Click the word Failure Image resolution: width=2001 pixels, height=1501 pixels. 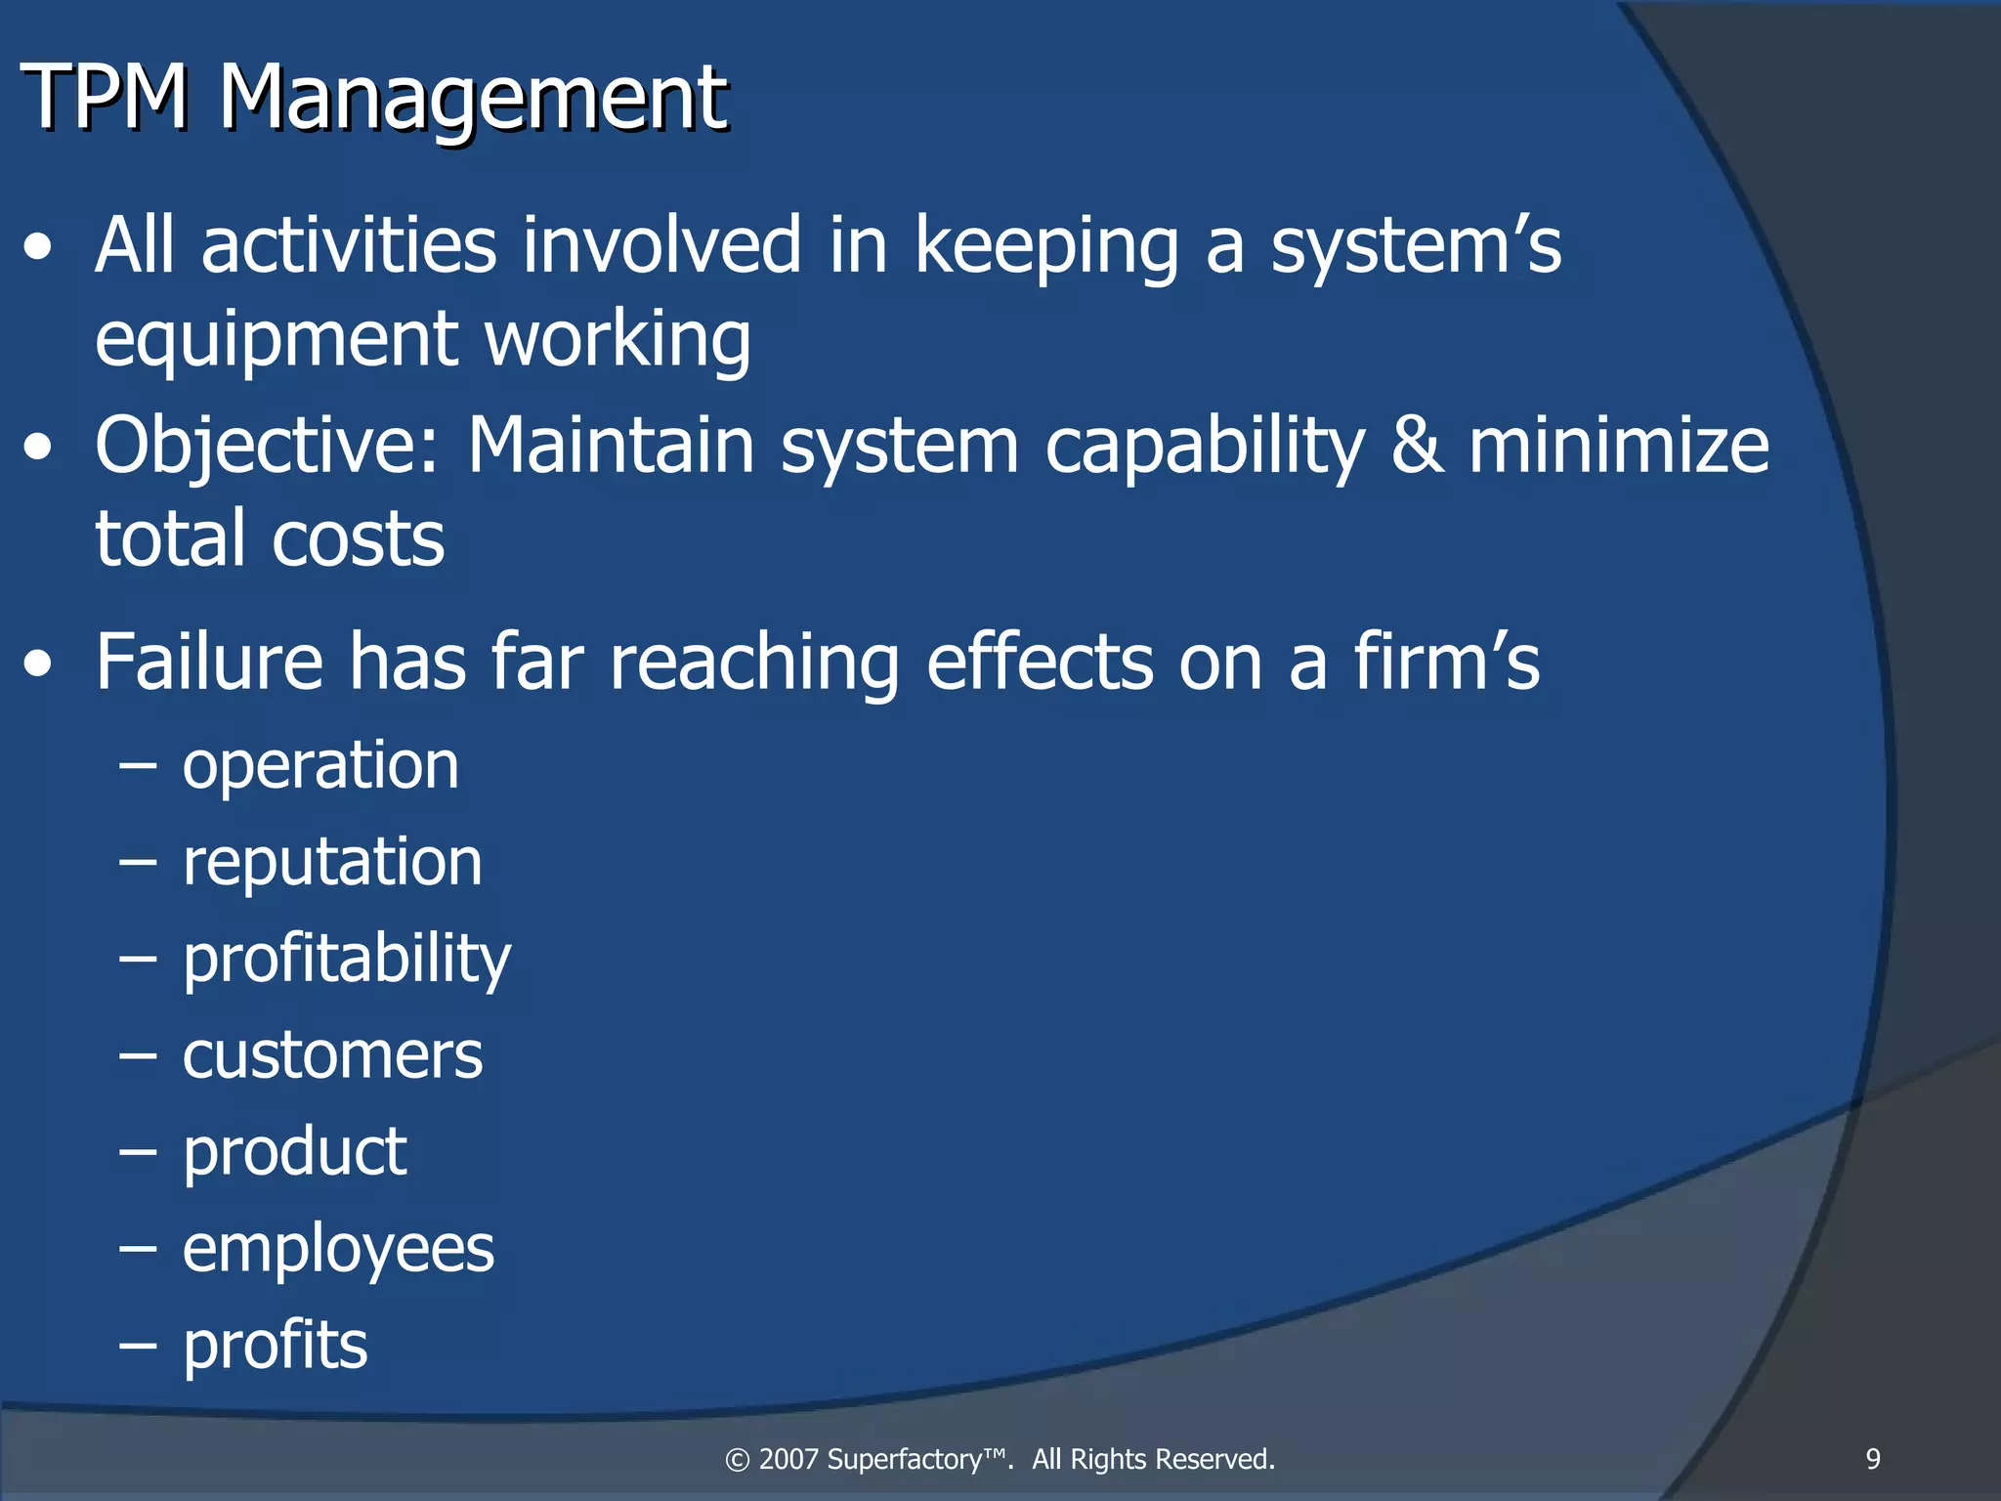tap(209, 662)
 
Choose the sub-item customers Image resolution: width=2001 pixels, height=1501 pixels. tap(332, 1055)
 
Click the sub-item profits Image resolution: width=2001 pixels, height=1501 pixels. tap(276, 1346)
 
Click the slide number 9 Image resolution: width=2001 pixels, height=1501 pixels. tap(1872, 1459)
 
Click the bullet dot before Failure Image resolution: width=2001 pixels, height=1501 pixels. tap(39, 665)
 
